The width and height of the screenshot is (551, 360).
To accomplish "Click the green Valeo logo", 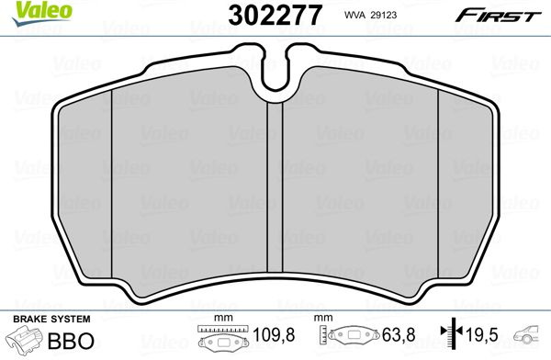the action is click(41, 13).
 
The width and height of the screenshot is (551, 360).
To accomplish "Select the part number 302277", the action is click(275, 15).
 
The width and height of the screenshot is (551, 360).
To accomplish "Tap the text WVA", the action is click(355, 15).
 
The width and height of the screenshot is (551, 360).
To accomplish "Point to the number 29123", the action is click(383, 15).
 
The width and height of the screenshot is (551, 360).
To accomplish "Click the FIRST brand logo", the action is click(499, 16).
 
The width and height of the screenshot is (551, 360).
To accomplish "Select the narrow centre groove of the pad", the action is click(275, 187).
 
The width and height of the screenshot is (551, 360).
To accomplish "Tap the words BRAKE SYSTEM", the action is click(51, 320).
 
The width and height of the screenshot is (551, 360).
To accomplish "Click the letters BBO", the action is click(71, 341).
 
